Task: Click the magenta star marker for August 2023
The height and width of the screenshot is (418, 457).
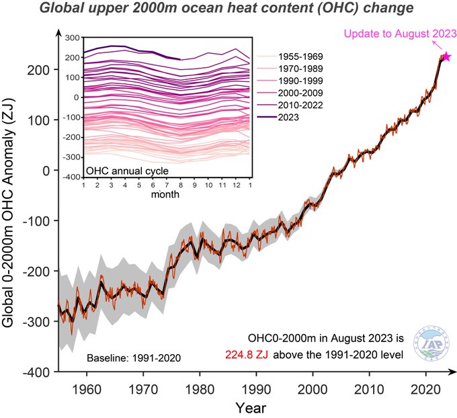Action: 446,58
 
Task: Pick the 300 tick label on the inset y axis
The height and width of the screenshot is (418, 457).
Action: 73,38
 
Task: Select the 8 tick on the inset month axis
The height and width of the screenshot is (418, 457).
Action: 181,184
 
